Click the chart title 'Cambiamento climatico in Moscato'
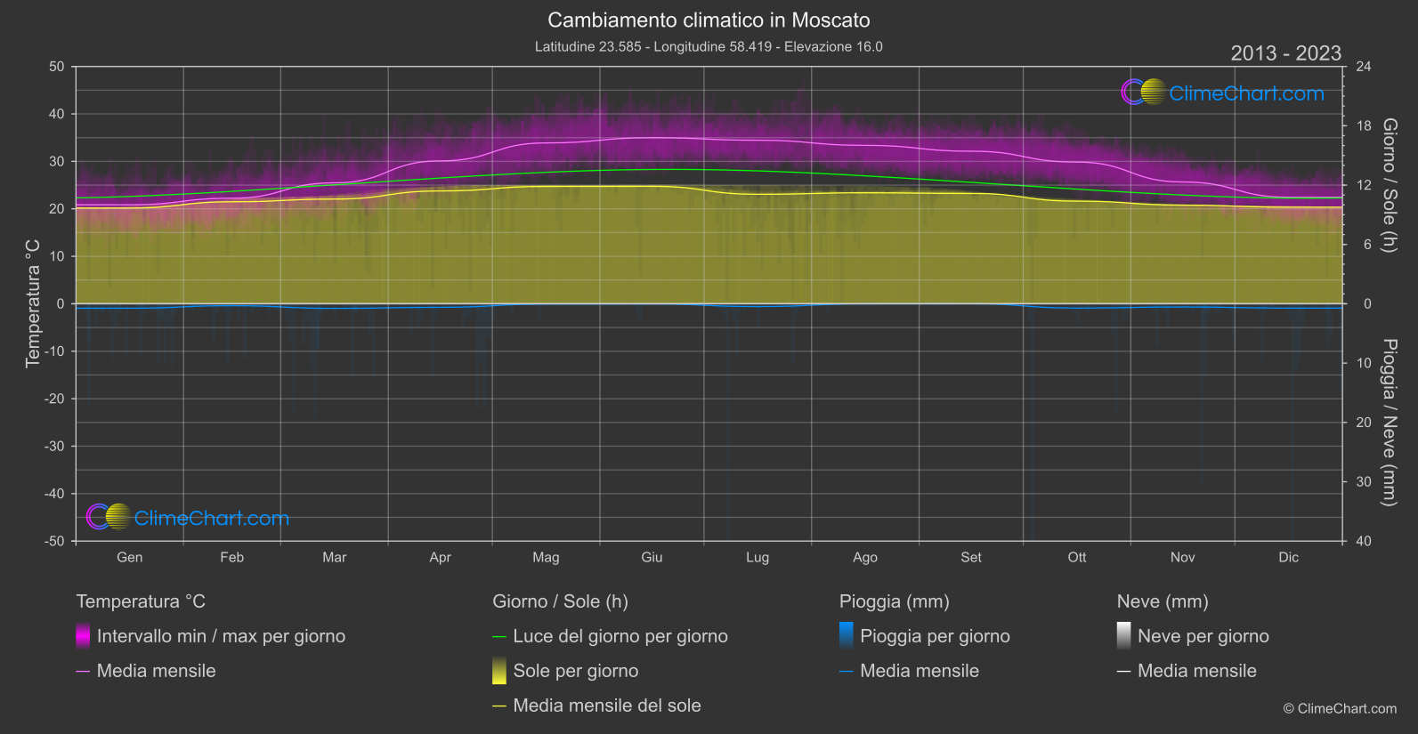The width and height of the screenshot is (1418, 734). coord(709,20)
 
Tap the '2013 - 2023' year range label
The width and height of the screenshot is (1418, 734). coord(1285,53)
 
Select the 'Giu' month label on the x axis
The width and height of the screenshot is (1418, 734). coord(652,558)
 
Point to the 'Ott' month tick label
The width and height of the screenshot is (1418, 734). coord(1076,558)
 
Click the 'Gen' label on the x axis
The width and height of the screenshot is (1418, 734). coord(129,558)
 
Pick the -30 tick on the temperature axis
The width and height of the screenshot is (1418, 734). coord(54,447)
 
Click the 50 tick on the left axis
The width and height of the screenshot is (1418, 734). coord(57,67)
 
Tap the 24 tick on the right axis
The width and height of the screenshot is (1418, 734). coord(1363,67)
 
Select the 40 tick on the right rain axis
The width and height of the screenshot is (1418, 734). coord(1363,541)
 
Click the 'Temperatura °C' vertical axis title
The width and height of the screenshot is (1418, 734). coord(33,302)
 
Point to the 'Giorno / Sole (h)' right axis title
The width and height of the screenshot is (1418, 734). coord(1389,185)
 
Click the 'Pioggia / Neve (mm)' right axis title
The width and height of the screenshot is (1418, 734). coord(1389,423)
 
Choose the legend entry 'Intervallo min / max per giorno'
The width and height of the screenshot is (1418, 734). coord(221,636)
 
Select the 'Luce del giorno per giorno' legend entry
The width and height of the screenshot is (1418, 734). coord(620,636)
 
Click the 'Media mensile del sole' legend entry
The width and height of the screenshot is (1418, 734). coord(606,706)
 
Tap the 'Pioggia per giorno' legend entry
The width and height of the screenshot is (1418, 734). coord(934,636)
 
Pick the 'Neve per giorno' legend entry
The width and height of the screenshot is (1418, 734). coord(1203,636)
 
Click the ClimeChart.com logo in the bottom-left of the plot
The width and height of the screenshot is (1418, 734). coord(188,518)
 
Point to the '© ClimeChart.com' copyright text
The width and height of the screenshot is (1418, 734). coord(1340,709)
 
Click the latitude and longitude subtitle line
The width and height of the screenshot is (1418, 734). coord(709,47)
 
